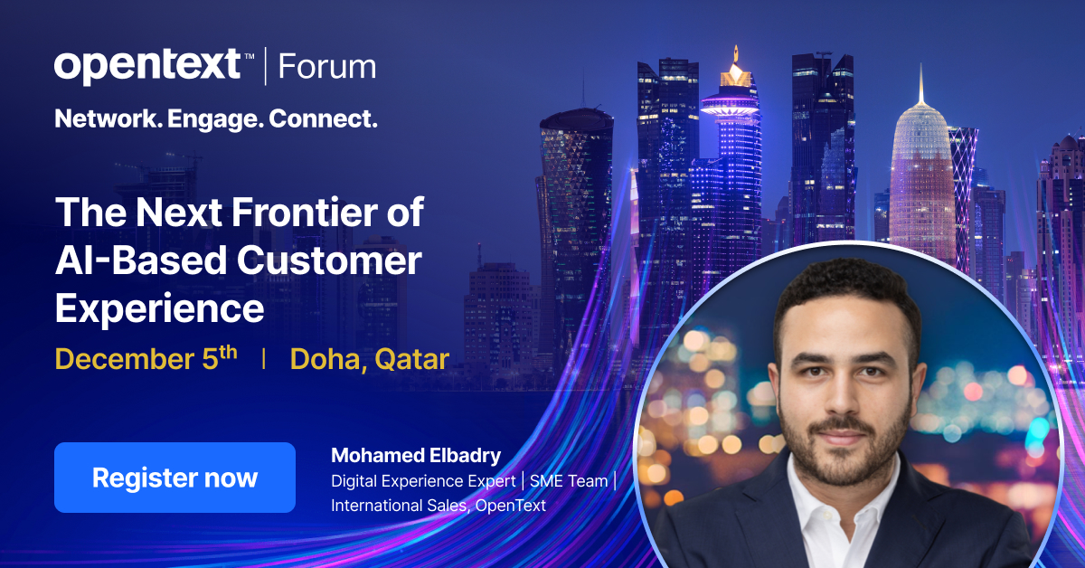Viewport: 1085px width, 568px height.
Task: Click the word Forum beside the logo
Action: point(326,67)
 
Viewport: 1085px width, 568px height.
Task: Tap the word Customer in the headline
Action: point(330,260)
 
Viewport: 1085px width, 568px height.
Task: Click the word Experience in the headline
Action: point(160,308)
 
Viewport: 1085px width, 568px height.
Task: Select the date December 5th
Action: point(146,358)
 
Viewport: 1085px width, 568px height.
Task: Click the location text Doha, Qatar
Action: point(369,359)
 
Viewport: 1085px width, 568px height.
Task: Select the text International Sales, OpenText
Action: point(439,506)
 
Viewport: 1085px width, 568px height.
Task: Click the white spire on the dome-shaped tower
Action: point(921,86)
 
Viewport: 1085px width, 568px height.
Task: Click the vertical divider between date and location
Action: point(263,359)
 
